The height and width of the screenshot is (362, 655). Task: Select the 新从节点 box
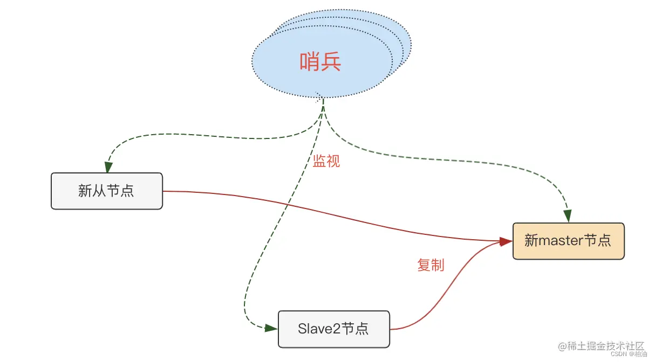click(x=107, y=191)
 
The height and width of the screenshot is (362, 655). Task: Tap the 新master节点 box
click(x=568, y=241)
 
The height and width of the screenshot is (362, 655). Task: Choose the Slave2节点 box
click(x=333, y=329)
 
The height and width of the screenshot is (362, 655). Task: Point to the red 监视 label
click(x=326, y=161)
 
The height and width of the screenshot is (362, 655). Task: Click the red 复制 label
click(x=431, y=265)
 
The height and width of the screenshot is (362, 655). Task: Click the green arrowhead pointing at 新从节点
click(x=108, y=168)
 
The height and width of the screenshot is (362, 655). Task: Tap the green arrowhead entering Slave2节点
click(x=272, y=328)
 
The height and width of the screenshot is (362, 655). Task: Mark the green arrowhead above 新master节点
click(x=568, y=217)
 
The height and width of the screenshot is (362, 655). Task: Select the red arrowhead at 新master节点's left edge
click(x=506, y=242)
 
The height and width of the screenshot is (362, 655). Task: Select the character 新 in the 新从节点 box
click(x=85, y=191)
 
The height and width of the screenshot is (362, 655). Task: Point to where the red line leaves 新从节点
click(x=164, y=191)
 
